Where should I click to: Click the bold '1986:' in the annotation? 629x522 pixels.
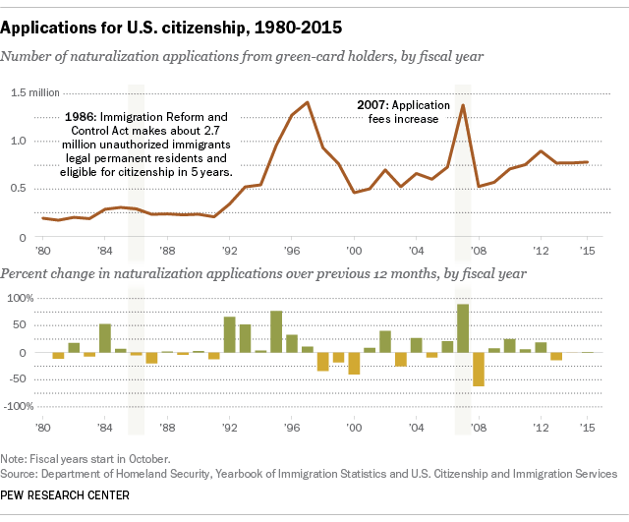[x=83, y=117]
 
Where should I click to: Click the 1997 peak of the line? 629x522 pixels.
[x=308, y=102]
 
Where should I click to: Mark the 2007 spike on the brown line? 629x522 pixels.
[x=463, y=105]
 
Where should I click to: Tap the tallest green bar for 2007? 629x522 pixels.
[x=463, y=328]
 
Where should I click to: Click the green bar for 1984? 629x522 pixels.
[x=105, y=338]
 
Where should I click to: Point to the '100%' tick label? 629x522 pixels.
[x=21, y=298]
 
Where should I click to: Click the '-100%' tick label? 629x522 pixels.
[x=19, y=406]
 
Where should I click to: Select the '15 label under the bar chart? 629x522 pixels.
[x=588, y=428]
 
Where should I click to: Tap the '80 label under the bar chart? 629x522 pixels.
[x=44, y=428]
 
